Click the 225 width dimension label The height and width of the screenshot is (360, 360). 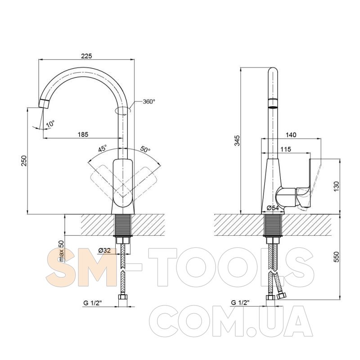coord(86,56)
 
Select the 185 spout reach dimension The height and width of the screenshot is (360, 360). coord(83,134)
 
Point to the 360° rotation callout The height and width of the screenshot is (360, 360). coord(149,102)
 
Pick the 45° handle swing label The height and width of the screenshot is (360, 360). coord(103,148)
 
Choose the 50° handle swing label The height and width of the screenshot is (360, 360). coord(145,149)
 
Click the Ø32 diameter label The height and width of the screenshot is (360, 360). coord(104,251)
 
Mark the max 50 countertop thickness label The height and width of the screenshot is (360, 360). coord(61,251)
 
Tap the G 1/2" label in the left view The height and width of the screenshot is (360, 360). coord(93,303)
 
